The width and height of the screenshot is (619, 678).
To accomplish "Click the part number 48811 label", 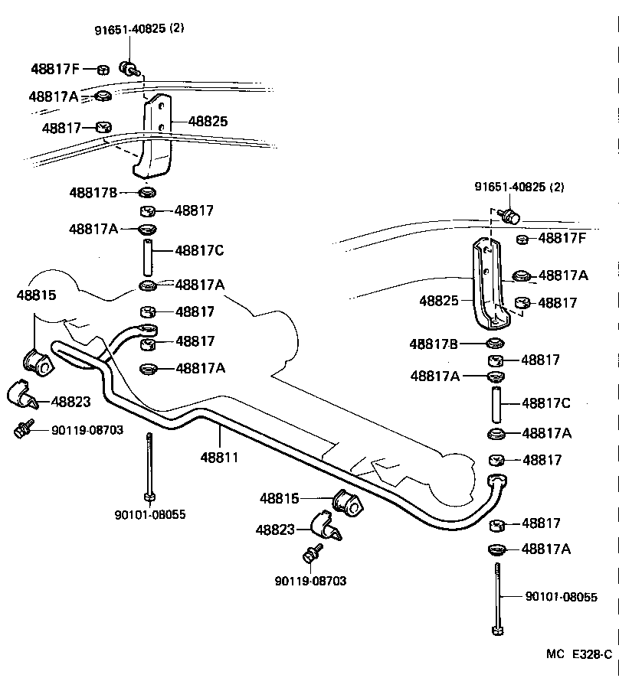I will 219,458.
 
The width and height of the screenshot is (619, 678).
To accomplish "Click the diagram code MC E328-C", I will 579,655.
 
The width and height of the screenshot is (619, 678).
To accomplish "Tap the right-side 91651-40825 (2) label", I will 519,187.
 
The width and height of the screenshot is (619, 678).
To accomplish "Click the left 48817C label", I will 199,250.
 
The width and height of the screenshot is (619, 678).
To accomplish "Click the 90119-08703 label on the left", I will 87,430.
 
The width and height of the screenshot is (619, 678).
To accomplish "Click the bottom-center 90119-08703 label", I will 310,581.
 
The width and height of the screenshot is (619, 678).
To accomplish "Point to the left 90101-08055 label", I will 149,515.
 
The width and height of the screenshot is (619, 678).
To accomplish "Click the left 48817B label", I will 93,193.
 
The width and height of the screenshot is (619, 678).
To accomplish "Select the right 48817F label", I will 562,238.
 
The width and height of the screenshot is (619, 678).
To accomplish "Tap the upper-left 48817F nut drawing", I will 103,70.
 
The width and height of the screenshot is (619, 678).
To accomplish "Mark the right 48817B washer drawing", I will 496,343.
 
